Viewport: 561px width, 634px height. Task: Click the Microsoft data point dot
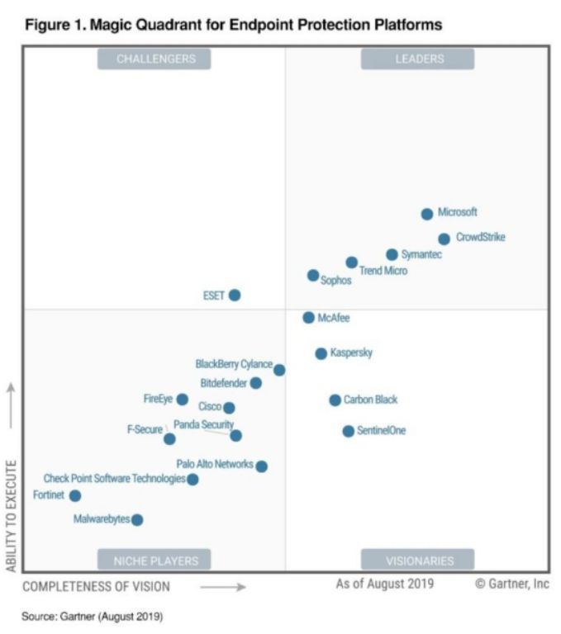[427, 214]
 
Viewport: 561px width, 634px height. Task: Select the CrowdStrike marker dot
[445, 239]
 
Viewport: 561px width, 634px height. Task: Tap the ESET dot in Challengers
[235, 295]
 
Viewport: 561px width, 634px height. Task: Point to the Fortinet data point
[75, 495]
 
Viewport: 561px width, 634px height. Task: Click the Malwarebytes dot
[137, 519]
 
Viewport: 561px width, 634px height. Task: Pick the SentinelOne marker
[349, 431]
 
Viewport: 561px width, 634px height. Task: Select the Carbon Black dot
[335, 400]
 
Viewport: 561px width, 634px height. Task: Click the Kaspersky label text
[351, 353]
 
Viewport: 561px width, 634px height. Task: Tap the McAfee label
[335, 318]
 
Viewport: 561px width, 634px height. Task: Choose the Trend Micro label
[383, 271]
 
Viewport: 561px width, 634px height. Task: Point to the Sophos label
[336, 281]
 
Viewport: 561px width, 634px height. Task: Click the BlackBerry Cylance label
[234, 364]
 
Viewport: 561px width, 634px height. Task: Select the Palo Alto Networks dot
[262, 466]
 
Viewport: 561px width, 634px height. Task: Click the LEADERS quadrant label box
[418, 59]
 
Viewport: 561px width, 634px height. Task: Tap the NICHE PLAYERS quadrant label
[155, 561]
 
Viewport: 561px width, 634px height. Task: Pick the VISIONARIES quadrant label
[418, 561]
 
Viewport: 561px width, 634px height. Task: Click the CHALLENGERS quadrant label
[155, 59]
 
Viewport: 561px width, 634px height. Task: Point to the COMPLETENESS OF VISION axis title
[96, 587]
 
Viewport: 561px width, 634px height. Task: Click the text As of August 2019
[384, 584]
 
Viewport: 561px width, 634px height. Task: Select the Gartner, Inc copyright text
[512, 584]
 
